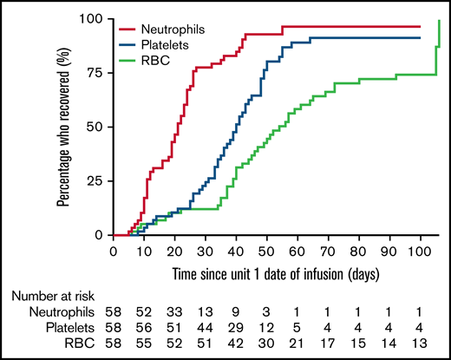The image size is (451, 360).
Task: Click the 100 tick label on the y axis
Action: tap(91, 19)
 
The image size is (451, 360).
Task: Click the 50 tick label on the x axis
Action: tap(267, 251)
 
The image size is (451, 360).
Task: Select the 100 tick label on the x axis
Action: tap(420, 251)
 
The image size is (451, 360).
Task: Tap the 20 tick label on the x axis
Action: tap(174, 251)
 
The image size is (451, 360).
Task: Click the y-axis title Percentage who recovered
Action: tap(64, 127)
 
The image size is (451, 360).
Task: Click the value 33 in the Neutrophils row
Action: tap(174, 311)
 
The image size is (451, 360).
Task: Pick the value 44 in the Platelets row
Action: tap(206, 328)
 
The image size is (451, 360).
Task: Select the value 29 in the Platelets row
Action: tap(236, 328)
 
